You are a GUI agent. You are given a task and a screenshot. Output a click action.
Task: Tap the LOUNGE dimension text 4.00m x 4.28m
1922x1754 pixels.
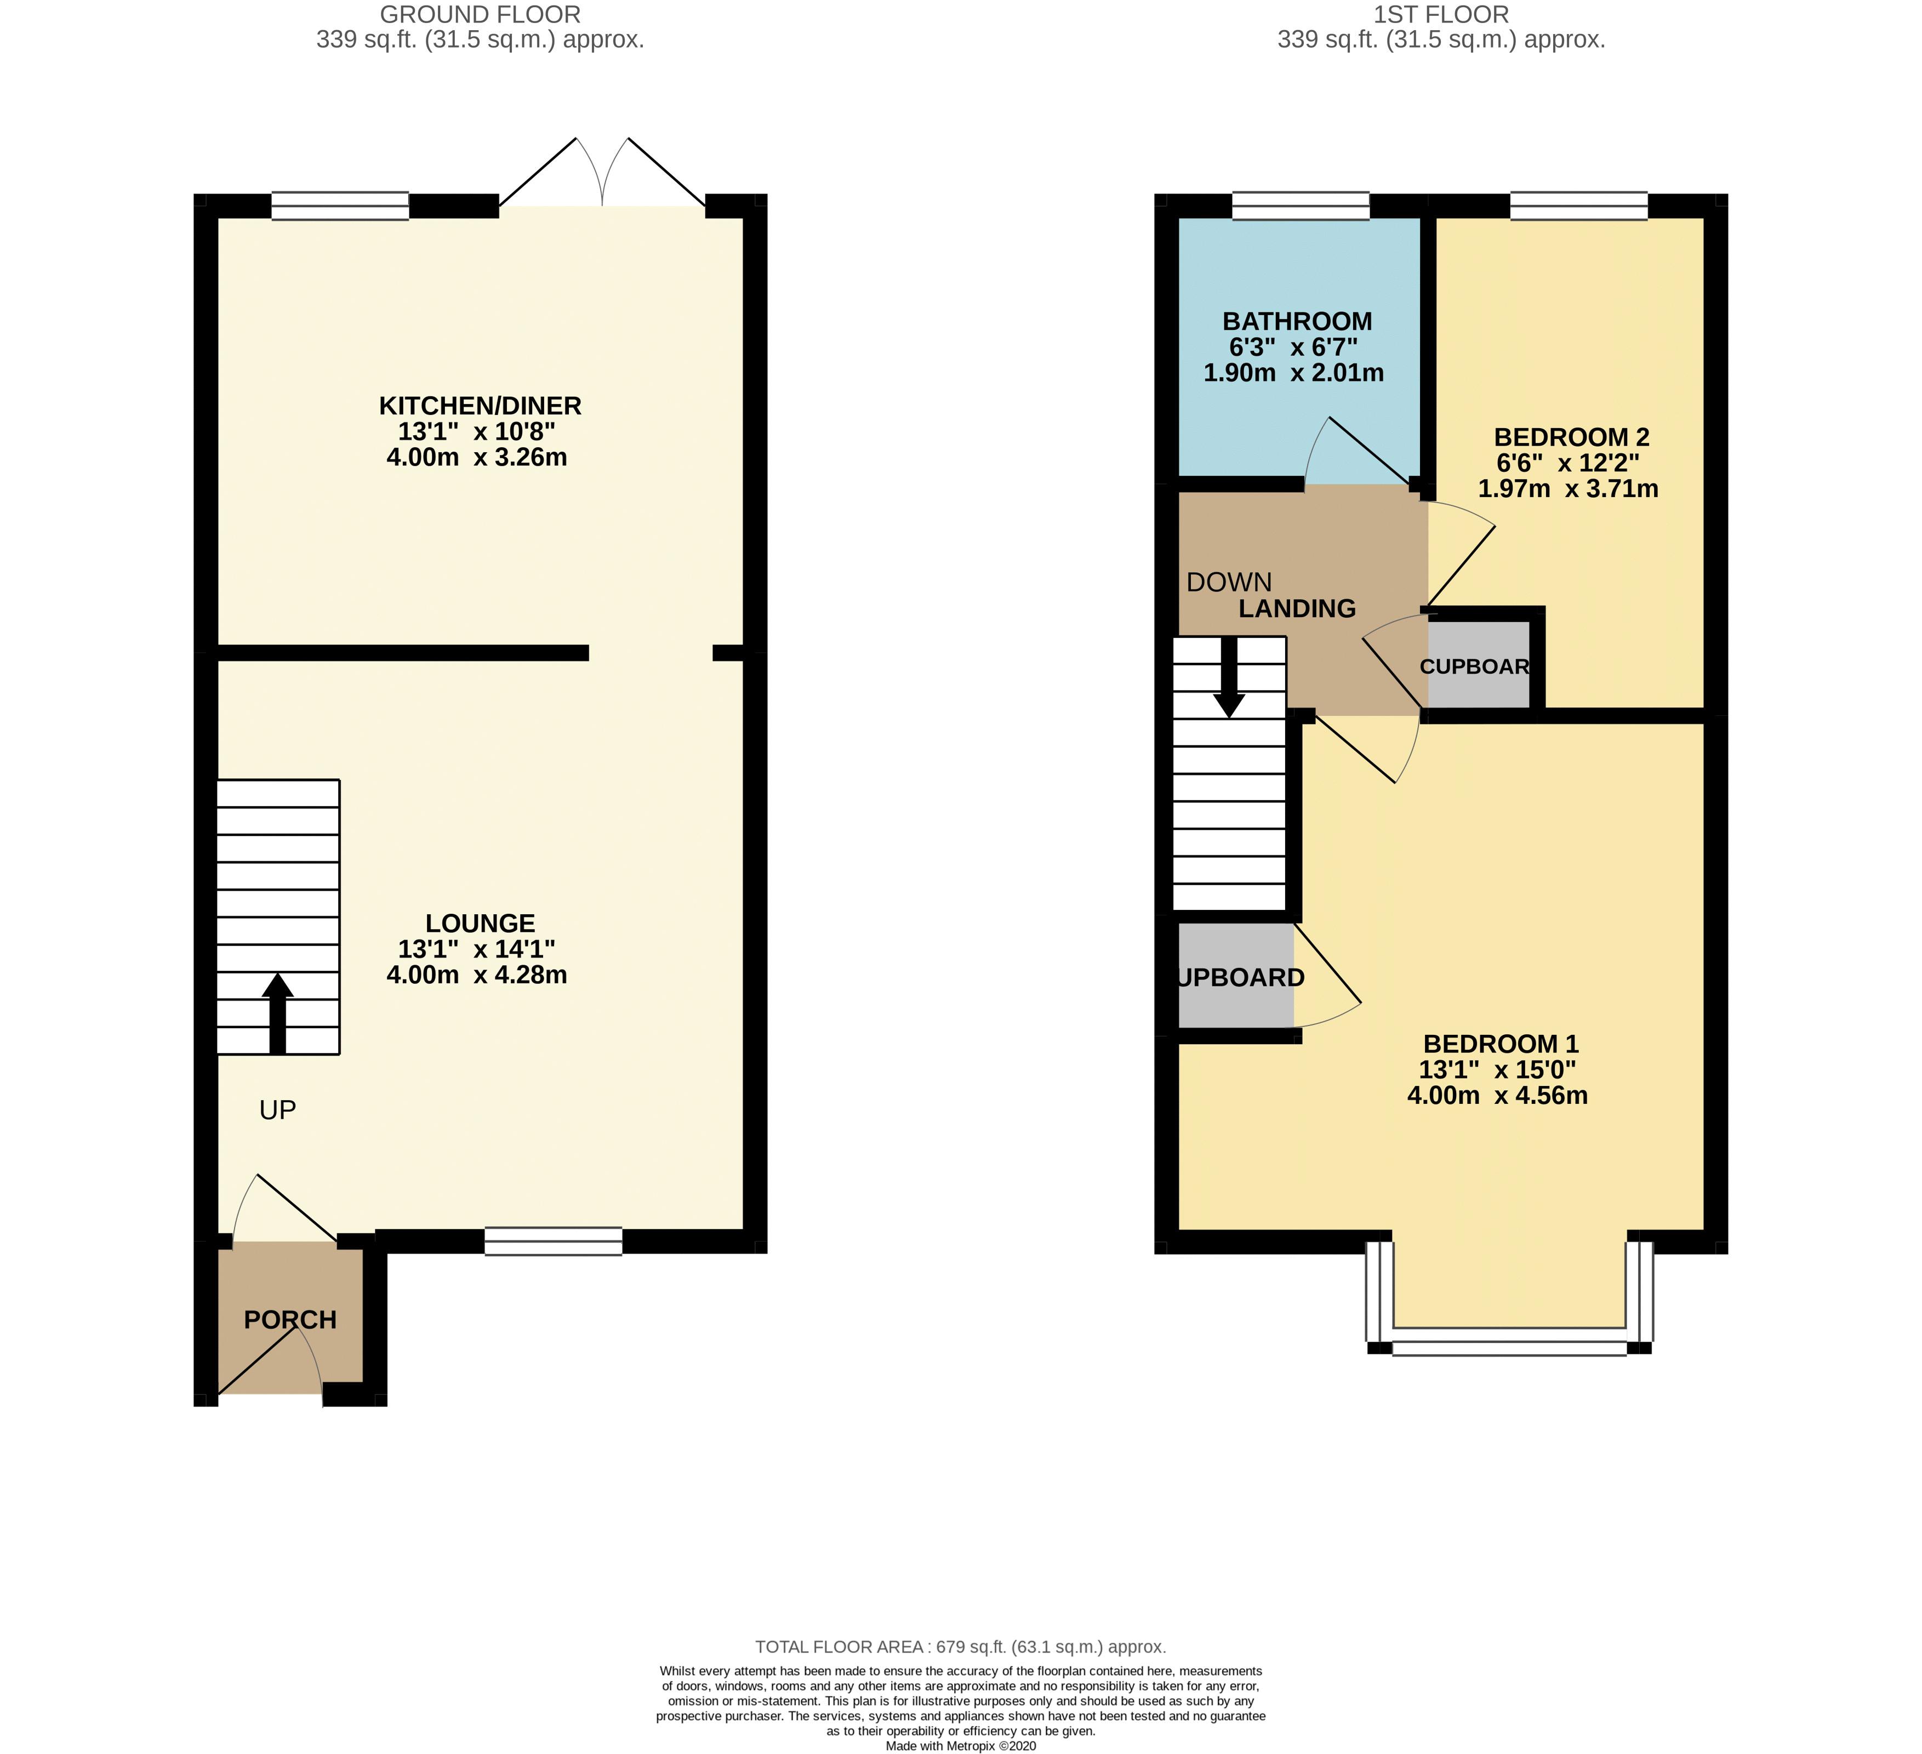coord(477,975)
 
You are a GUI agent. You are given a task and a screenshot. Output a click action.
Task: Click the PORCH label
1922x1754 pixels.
coord(290,1320)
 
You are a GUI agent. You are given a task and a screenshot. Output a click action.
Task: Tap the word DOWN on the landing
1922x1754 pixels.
coord(1229,583)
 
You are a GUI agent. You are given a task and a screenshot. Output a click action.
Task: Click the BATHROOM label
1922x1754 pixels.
coord(1297,322)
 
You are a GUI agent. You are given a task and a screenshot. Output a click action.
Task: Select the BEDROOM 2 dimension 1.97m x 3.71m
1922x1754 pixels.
coord(1567,489)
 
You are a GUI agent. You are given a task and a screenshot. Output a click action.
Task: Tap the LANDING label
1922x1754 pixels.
coord(1297,608)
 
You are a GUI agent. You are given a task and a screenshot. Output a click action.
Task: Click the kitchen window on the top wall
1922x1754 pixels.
coord(340,206)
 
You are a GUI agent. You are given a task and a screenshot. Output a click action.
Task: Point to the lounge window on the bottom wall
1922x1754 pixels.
coord(553,1241)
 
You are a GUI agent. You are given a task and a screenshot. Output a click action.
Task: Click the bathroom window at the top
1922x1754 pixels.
coord(1301,206)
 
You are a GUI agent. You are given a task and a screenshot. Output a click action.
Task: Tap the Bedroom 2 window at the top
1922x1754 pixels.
coord(1579,206)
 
